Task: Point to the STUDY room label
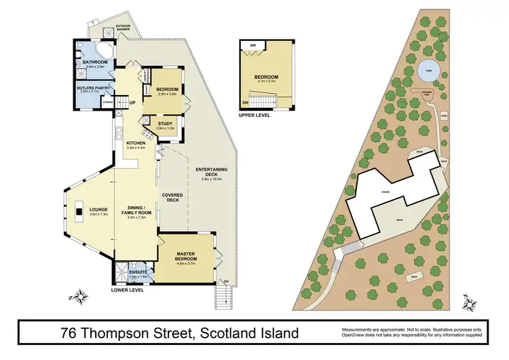165,124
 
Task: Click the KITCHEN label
136,143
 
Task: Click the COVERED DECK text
171,198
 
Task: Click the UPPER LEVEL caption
255,116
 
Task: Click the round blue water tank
427,70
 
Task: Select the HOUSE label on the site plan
385,192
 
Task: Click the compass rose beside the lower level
80,295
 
